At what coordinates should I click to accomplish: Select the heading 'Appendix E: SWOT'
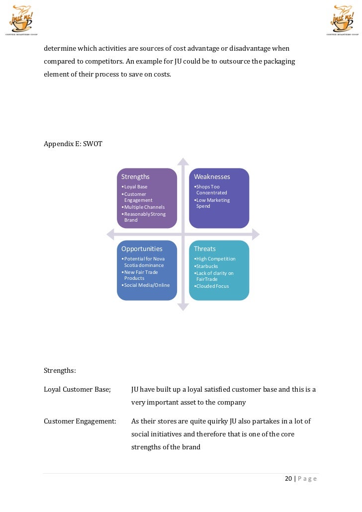tap(73, 144)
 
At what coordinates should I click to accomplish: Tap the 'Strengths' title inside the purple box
tap(135, 176)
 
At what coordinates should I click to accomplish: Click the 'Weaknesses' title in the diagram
tap(212, 176)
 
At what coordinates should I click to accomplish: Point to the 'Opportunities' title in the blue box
tap(142, 249)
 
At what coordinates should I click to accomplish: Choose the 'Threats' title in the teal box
tap(205, 249)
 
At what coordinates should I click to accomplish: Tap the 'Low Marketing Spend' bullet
tap(212, 203)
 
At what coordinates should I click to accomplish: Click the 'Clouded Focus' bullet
tap(212, 286)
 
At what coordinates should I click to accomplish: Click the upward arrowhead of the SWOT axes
tap(183, 162)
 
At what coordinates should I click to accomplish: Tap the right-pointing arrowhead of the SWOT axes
tap(255, 234)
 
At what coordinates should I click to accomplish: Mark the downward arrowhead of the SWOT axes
tap(183, 307)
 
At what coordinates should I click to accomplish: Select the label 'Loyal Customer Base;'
tap(77, 389)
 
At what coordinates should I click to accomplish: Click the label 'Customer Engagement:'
tap(80, 421)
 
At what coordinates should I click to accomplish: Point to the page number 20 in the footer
tap(288, 479)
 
